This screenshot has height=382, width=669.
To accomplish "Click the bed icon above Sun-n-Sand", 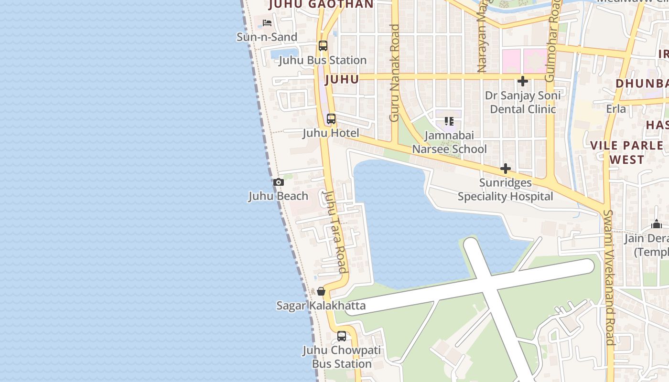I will [x=267, y=23].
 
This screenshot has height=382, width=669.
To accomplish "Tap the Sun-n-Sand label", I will [x=267, y=37].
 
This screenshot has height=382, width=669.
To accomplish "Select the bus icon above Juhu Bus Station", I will [x=323, y=46].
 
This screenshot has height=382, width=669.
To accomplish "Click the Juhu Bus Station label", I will [x=323, y=60].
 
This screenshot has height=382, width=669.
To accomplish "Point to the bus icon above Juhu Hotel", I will [x=331, y=119].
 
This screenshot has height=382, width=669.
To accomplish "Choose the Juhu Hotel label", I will [x=331, y=133].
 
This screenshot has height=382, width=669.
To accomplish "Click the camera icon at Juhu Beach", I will [x=279, y=182].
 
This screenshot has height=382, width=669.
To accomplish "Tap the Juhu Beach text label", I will [x=278, y=196].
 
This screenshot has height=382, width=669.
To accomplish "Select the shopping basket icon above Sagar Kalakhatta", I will [x=321, y=291].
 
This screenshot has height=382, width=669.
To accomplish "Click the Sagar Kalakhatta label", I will [x=321, y=306].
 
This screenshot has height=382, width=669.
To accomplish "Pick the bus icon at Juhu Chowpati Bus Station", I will [x=342, y=336].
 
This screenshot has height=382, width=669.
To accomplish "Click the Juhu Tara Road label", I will [x=334, y=232].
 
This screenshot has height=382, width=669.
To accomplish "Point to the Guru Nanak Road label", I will [x=394, y=73].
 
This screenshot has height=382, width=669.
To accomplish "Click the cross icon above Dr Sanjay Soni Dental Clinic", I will [x=523, y=81].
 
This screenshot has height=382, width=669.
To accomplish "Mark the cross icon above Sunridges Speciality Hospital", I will [x=505, y=169].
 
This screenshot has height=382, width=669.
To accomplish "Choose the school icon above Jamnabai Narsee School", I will [x=449, y=121].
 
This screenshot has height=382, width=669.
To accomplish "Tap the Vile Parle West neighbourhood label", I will [x=627, y=152].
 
